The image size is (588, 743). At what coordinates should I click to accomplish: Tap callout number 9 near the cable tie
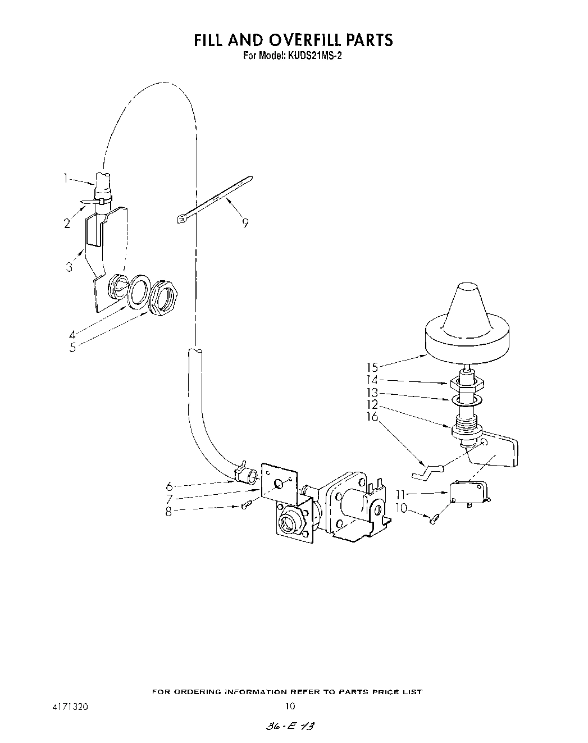pyautogui.click(x=245, y=223)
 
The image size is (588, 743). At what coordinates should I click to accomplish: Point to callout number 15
pyautogui.click(x=372, y=367)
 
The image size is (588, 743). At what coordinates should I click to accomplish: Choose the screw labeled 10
pyautogui.click(x=434, y=520)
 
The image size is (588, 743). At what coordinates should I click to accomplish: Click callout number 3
pyautogui.click(x=69, y=267)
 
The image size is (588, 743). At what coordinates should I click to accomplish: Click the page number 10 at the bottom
pyautogui.click(x=290, y=706)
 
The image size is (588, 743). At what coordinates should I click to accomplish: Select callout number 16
pyautogui.click(x=372, y=417)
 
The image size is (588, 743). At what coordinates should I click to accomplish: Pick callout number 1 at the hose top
pyautogui.click(x=65, y=179)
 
